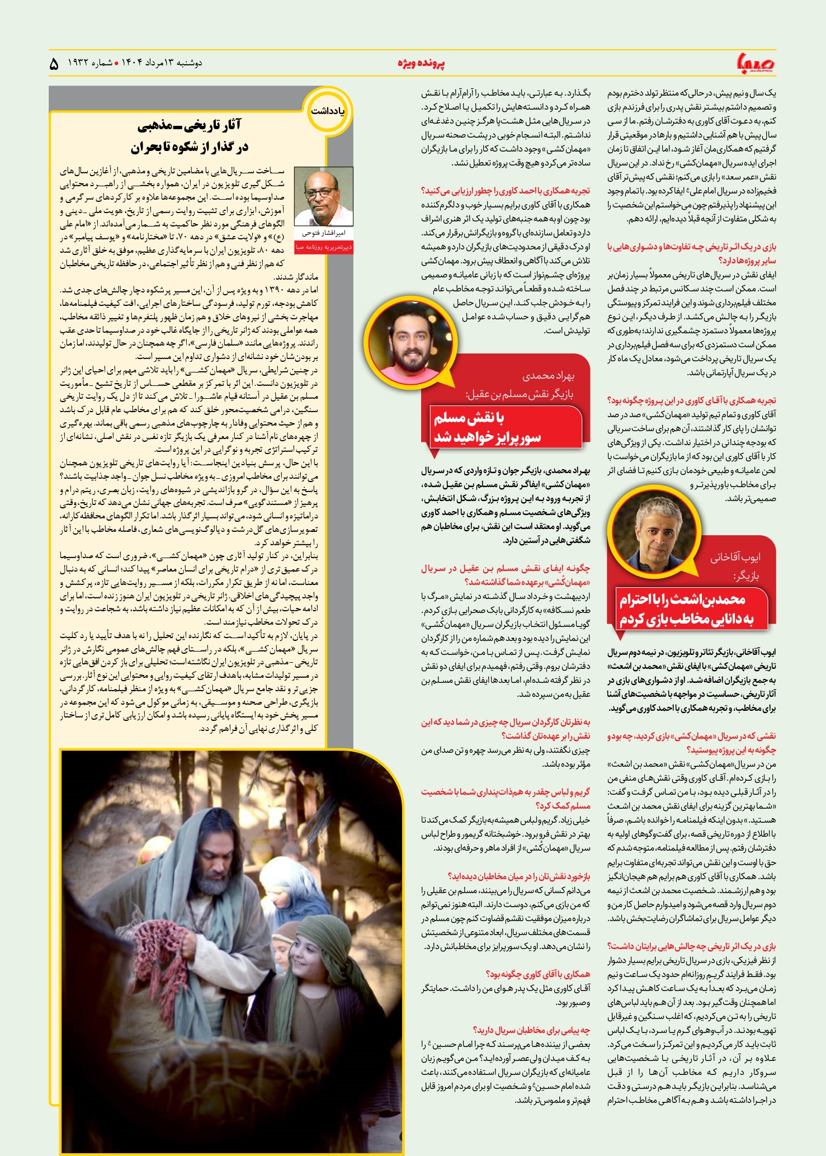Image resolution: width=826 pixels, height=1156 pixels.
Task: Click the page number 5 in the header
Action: [x=54, y=64]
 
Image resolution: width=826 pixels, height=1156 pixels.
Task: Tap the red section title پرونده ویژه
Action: [x=421, y=63]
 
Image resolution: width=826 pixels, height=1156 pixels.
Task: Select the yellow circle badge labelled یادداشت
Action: [x=328, y=111]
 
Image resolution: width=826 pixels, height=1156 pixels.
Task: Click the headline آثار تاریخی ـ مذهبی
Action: [x=190, y=126]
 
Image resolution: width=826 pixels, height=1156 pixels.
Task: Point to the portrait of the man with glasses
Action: [x=323, y=196]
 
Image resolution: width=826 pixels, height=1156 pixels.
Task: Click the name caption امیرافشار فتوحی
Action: [x=324, y=233]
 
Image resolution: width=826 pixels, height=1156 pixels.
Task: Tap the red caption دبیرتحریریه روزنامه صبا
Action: [x=324, y=247]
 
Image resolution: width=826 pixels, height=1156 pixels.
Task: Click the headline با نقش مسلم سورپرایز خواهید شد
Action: [x=487, y=427]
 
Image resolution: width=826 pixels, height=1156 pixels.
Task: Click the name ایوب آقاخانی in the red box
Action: [x=735, y=557]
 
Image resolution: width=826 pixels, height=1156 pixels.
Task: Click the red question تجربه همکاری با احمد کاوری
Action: [x=506, y=191]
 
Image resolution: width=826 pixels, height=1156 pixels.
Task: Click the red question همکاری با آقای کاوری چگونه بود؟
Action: [x=538, y=974]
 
